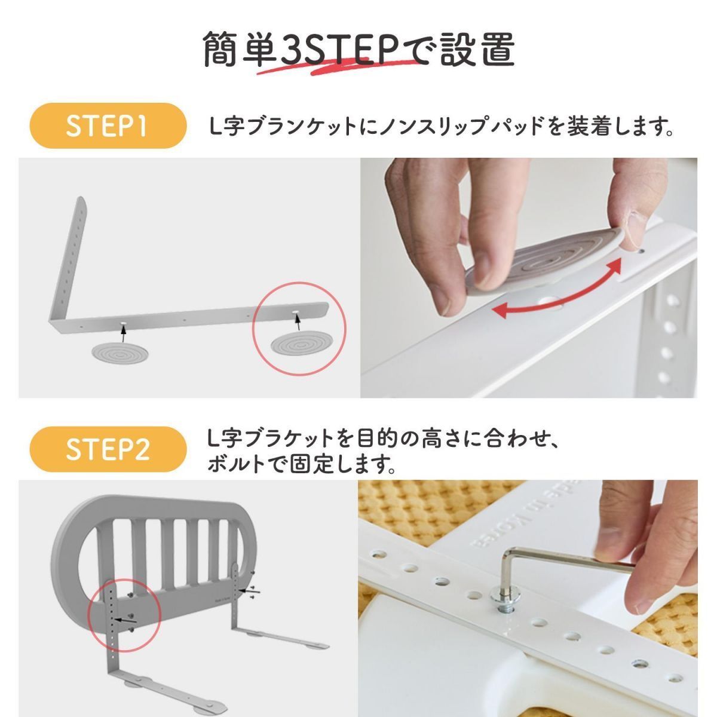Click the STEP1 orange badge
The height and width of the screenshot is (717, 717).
point(106,126)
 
